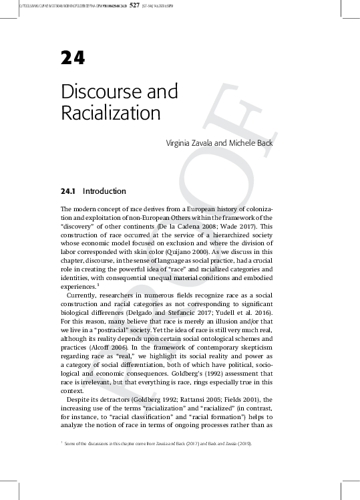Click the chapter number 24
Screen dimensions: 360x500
(x=73, y=59)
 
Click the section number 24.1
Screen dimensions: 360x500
(x=70, y=191)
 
